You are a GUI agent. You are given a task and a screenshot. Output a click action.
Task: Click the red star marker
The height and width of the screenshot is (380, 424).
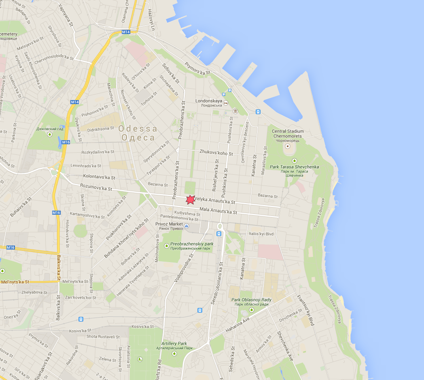click(190, 199)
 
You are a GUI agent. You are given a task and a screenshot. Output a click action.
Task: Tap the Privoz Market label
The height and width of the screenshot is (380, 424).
click(169, 224)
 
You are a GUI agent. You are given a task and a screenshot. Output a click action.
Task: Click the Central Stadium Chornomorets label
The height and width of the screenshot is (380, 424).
click(288, 134)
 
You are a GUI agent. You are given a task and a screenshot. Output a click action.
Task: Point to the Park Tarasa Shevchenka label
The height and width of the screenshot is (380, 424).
click(295, 167)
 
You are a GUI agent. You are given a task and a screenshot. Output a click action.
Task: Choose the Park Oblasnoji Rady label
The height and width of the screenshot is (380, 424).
click(251, 300)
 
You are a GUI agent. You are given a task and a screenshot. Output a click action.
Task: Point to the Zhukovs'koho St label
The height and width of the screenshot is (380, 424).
click(216, 152)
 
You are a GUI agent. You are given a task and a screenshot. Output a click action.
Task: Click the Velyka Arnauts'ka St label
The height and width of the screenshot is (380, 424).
click(215, 201)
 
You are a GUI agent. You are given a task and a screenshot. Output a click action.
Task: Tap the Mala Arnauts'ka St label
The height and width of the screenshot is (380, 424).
click(218, 211)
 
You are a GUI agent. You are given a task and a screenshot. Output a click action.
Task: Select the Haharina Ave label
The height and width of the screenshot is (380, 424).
click(238, 326)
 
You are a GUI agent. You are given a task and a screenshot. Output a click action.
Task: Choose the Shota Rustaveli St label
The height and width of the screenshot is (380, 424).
click(103, 337)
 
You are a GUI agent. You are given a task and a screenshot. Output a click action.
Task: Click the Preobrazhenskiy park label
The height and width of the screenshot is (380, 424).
click(192, 244)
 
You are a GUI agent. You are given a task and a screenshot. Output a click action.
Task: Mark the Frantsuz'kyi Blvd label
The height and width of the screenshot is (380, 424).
click(306, 310)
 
